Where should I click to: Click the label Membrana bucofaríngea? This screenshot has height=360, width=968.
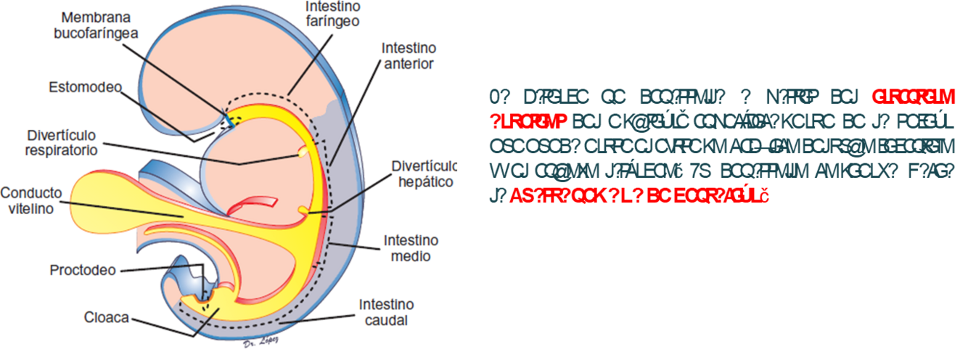click(x=99, y=25)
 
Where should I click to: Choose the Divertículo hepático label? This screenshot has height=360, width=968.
click(x=423, y=174)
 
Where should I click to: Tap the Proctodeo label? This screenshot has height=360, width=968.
click(x=83, y=271)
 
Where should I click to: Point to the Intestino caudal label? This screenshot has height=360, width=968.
click(x=385, y=312)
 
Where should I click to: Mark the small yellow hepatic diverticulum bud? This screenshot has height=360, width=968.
click(x=303, y=210)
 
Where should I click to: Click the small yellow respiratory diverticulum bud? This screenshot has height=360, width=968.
click(x=301, y=152)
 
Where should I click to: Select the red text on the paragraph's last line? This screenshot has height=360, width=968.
click(x=639, y=196)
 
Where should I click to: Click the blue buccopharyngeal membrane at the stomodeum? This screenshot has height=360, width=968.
click(x=226, y=116)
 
